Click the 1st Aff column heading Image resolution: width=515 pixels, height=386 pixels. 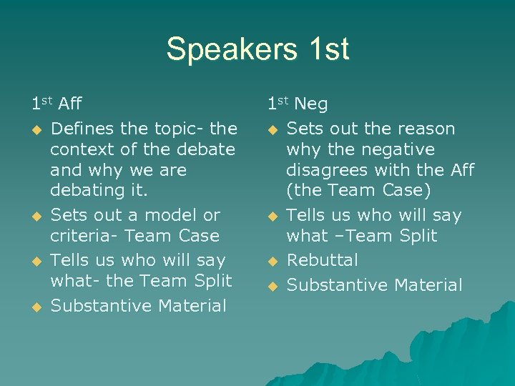(57, 104)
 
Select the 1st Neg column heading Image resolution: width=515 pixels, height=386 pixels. (298, 104)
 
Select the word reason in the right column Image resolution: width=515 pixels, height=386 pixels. (423, 129)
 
